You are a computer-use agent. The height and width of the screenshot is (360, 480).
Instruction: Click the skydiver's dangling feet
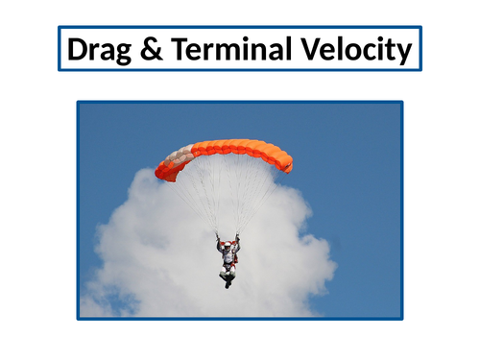227,281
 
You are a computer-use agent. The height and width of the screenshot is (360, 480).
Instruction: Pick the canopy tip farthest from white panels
287,165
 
